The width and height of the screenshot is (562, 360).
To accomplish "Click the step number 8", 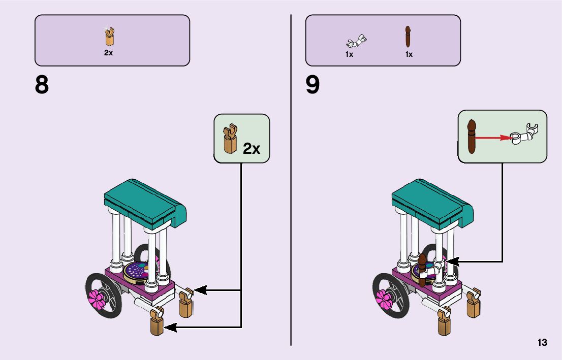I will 42,85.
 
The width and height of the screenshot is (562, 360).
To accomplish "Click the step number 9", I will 313,85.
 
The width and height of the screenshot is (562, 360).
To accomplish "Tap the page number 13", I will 542,343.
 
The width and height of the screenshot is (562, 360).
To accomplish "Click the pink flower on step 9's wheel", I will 385,299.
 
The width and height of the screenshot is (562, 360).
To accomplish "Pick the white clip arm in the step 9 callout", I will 526,134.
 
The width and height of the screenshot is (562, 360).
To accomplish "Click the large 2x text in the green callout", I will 252,148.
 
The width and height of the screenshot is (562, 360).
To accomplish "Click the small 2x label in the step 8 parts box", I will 108,53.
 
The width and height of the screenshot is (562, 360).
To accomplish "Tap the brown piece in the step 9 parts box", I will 408,37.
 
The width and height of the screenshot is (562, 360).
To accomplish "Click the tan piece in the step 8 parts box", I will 109,36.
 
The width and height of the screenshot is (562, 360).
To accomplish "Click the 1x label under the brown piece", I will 409,54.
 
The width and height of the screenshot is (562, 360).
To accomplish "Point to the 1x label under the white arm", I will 349,54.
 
